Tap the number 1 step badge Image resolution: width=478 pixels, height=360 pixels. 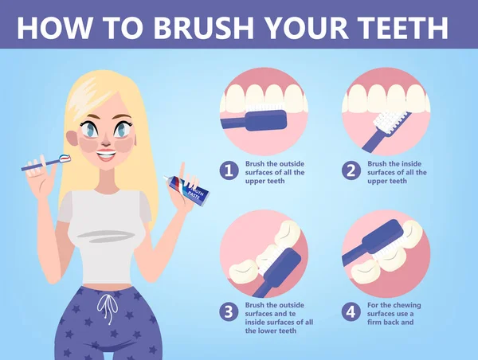click(x=229, y=170)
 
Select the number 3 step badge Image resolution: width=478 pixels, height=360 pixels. click(x=229, y=311)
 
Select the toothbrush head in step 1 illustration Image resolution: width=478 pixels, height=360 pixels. click(x=262, y=120)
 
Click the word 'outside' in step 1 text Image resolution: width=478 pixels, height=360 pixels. click(x=287, y=163)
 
